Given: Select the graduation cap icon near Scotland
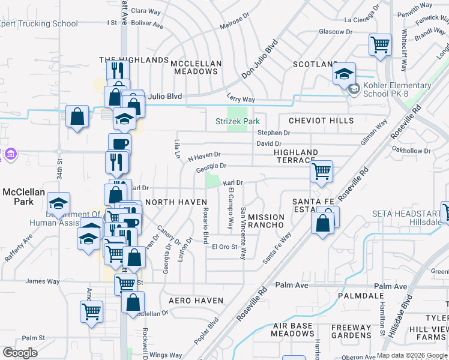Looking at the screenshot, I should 345,74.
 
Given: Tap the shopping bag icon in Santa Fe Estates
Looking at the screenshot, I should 323,223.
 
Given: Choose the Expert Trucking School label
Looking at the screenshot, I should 40,24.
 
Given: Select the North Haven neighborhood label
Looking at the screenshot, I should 176,202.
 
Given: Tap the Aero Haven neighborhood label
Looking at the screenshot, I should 196,300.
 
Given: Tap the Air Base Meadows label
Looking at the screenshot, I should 293,329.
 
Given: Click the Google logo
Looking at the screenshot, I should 20,353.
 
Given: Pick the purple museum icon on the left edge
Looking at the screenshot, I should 10,155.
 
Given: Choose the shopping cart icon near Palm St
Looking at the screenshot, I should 91,311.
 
